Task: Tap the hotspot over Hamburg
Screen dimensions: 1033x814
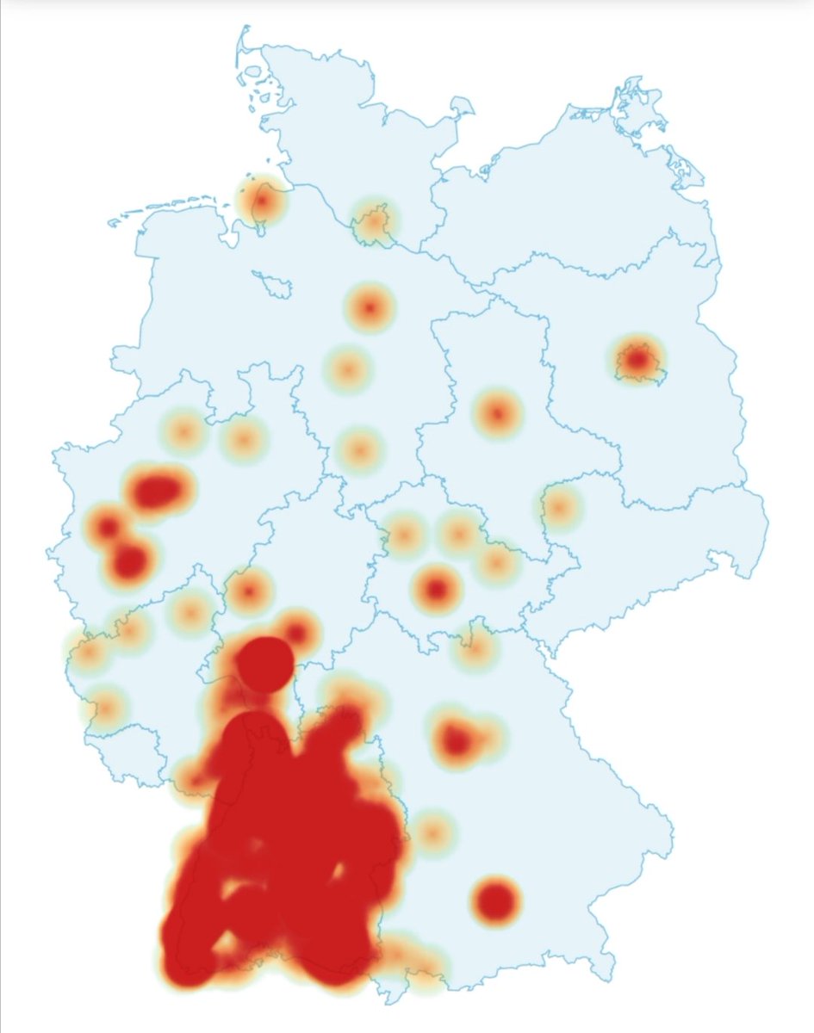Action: point(375,224)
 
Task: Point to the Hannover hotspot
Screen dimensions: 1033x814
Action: point(370,307)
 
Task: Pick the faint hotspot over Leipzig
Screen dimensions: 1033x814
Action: point(560,508)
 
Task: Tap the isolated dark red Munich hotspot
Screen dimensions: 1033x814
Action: point(496,900)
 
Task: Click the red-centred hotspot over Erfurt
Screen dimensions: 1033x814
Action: point(438,590)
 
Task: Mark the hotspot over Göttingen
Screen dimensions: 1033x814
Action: point(360,449)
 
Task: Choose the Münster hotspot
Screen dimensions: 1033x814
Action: point(183,430)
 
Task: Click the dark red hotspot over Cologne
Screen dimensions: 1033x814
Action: point(130,561)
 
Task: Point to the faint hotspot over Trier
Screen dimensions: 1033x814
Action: point(89,653)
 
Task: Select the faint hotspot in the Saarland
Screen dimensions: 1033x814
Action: point(107,708)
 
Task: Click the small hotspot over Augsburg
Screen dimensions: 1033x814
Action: point(433,832)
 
